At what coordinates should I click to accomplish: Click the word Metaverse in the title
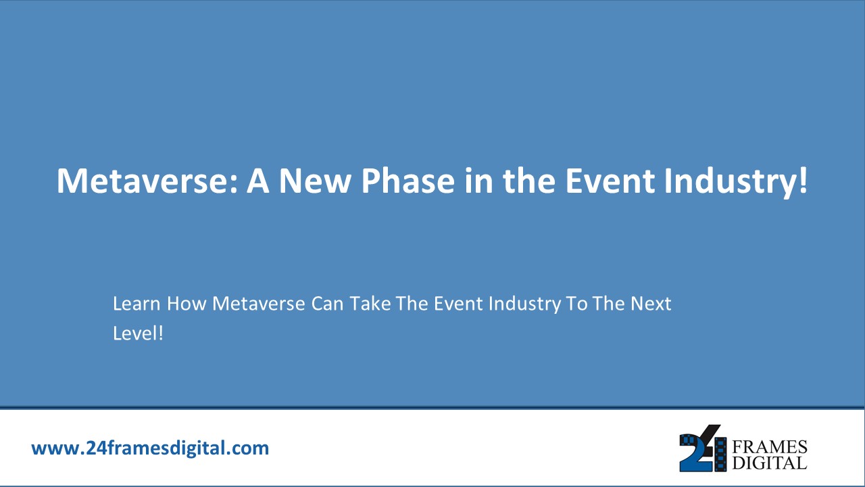tap(145, 181)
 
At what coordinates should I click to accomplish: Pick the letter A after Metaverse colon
tap(257, 181)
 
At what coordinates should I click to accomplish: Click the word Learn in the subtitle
tap(137, 304)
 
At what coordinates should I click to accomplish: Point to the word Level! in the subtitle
tap(138, 333)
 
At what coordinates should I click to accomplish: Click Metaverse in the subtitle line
tap(259, 304)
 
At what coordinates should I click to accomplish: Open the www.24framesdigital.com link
tap(150, 448)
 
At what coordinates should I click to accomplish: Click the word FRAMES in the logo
tap(770, 447)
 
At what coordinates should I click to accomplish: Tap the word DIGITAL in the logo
tap(770, 463)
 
